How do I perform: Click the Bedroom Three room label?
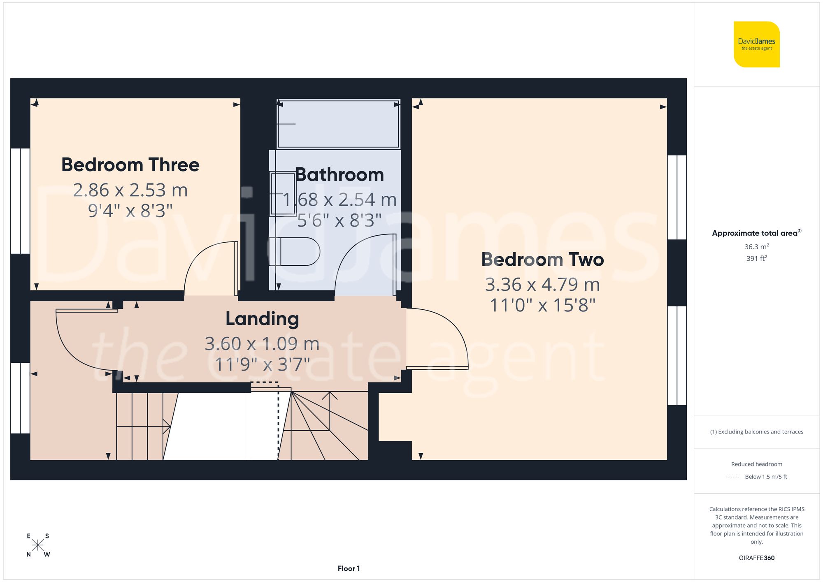(x=130, y=165)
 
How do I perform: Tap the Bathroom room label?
(x=339, y=175)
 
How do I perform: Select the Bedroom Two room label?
(x=542, y=260)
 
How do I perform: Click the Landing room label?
(x=262, y=319)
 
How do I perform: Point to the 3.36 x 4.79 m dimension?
(x=542, y=285)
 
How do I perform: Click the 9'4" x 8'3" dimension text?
(x=130, y=211)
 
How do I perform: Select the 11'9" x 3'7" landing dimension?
(x=262, y=364)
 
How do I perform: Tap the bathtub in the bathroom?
(x=338, y=123)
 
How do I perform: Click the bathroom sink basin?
(x=282, y=193)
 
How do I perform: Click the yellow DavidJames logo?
(x=756, y=44)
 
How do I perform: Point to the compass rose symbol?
(x=38, y=545)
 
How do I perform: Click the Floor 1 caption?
(x=349, y=568)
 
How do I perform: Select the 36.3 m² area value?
(x=756, y=247)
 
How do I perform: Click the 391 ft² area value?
(x=756, y=258)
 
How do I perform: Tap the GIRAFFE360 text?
(x=756, y=558)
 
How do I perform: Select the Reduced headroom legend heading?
(x=756, y=464)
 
